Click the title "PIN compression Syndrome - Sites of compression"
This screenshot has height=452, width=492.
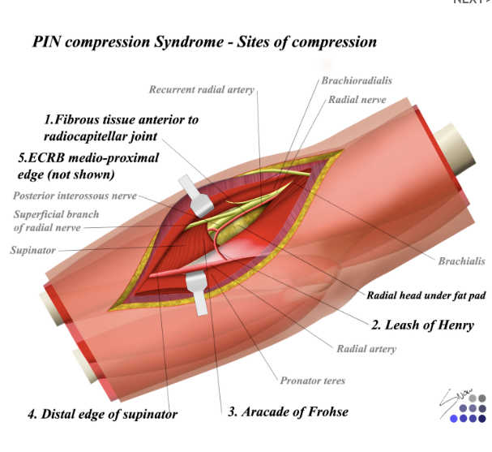[x=203, y=41]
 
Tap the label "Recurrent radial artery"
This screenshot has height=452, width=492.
[x=201, y=89]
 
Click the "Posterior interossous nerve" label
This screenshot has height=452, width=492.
[x=75, y=196]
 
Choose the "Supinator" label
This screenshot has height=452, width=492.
[x=32, y=250]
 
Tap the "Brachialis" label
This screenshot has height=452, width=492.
[x=461, y=260]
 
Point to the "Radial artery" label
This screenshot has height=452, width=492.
[x=366, y=349]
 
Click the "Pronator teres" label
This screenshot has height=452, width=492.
[x=312, y=381]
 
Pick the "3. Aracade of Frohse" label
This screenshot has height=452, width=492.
[x=288, y=411]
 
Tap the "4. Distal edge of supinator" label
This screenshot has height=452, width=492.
[x=102, y=415]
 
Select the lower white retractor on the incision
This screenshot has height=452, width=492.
[x=199, y=291]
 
